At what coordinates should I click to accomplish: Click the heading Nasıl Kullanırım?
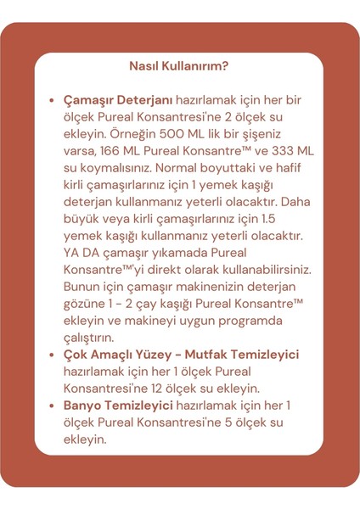point(179,66)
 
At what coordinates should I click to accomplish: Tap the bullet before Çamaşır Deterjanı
point(53,100)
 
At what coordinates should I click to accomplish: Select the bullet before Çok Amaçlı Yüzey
point(53,355)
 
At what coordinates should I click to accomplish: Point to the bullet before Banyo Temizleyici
point(53,406)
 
